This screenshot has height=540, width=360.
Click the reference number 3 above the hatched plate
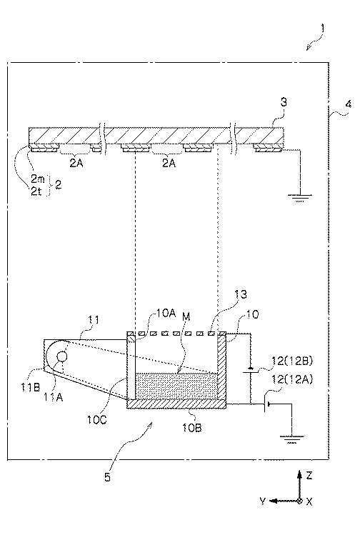284,102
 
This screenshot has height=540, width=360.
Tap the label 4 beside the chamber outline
349,104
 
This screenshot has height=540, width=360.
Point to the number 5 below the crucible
107,477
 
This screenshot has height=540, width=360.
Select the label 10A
166,314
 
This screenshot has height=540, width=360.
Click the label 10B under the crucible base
192,427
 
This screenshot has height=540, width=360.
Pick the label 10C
97,419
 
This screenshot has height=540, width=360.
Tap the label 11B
30,387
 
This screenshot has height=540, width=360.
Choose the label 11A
54,397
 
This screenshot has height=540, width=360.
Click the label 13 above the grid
241,294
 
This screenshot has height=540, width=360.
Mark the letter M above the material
186,316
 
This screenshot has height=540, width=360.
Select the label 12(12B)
292,361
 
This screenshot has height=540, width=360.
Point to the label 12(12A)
292,379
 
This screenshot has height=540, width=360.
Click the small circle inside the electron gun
62,356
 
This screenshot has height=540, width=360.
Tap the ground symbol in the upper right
300,197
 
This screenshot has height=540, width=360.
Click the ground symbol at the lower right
292,439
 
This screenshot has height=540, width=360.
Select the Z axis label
309,476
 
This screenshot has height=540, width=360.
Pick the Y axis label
263,501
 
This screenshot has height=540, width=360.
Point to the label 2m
38,179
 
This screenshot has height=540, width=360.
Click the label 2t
36,191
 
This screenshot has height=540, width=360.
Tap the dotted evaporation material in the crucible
176,386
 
